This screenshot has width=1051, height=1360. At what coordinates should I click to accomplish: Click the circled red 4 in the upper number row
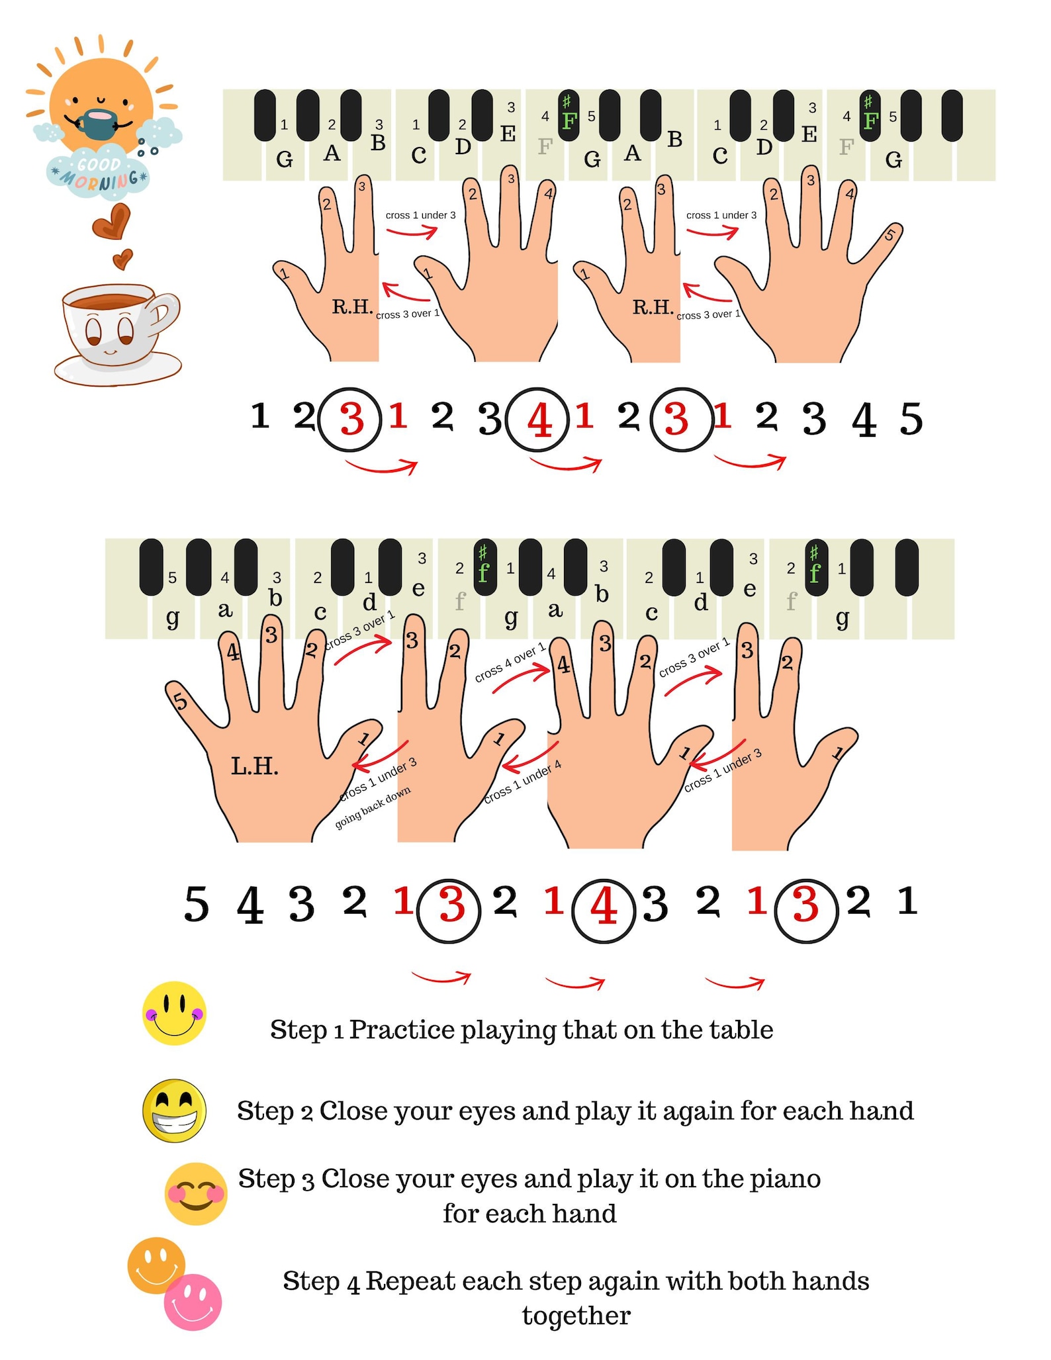pyautogui.click(x=537, y=420)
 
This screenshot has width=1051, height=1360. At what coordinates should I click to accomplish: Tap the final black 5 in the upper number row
pyautogui.click(x=911, y=419)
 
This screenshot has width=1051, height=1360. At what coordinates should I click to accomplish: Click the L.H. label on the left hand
pyautogui.click(x=254, y=766)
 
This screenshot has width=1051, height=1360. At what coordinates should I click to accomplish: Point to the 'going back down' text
pyautogui.click(x=373, y=807)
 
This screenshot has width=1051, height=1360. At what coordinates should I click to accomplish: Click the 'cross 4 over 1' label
pyautogui.click(x=510, y=661)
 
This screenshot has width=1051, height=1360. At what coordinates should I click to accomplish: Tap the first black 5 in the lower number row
pyautogui.click(x=196, y=904)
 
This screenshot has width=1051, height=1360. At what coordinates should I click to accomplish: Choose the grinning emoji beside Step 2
pyautogui.click(x=175, y=1111)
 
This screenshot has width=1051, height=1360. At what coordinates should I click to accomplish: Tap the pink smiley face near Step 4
pyautogui.click(x=193, y=1302)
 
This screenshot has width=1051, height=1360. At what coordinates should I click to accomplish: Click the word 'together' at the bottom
pyautogui.click(x=576, y=1316)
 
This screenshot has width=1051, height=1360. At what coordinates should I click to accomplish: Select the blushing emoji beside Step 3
pyautogui.click(x=196, y=1193)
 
